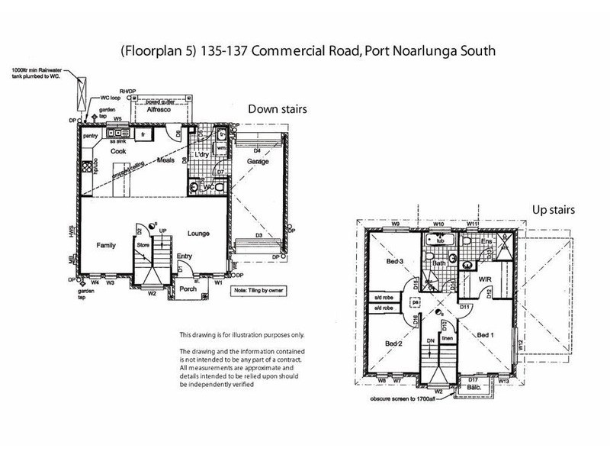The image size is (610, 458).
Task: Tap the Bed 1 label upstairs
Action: [486, 335]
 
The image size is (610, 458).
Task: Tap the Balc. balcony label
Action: [473, 388]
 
